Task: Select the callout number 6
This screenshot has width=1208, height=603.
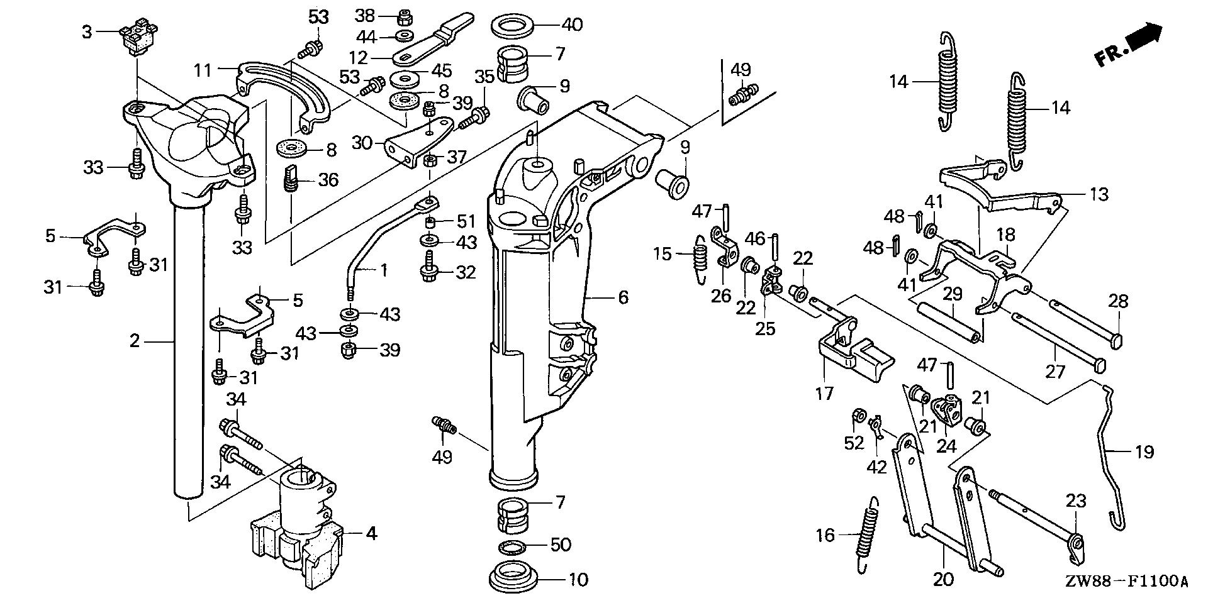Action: [623, 297]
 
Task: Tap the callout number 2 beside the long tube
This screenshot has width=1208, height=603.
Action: [134, 341]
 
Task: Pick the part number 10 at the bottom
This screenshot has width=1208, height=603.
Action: [578, 579]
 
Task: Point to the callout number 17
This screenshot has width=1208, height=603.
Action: [824, 394]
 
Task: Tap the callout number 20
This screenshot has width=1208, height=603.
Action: [944, 579]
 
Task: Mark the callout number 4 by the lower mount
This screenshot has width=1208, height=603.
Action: [371, 534]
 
